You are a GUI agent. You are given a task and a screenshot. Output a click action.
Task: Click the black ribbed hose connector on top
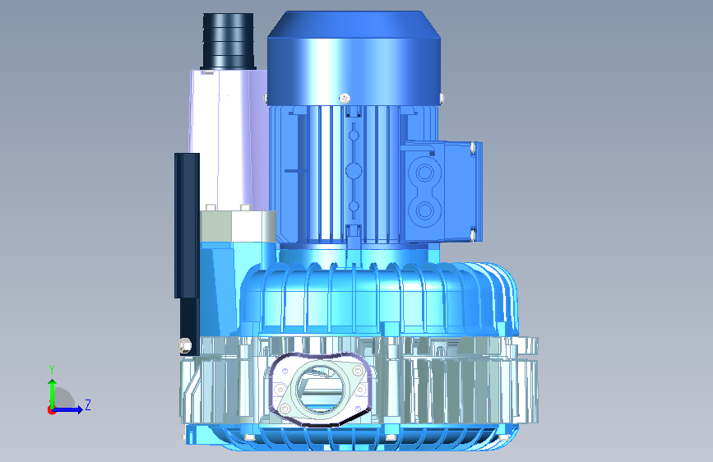(x=228, y=41)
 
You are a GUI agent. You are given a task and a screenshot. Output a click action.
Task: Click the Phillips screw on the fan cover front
(x=345, y=98)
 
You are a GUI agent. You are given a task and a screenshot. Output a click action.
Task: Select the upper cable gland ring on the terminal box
(x=424, y=173)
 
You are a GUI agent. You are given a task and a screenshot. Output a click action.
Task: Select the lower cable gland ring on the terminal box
(x=424, y=210)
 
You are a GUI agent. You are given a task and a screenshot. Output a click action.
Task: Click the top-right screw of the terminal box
(x=473, y=147)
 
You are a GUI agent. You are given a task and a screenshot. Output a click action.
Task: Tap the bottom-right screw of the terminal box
(x=473, y=235)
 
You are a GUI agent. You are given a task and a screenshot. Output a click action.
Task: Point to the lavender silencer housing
(x=227, y=139)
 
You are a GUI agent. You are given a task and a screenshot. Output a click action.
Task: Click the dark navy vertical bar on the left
(x=187, y=254)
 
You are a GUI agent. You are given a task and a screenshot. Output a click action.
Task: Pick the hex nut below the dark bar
(x=183, y=345)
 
